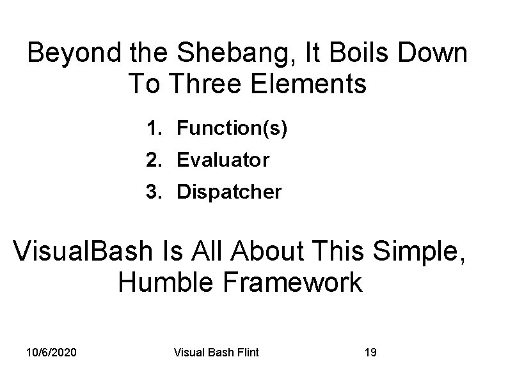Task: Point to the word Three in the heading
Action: click(x=209, y=84)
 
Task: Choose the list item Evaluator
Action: click(x=223, y=160)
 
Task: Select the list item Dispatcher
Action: click(x=228, y=192)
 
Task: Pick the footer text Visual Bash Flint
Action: click(x=216, y=352)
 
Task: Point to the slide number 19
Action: click(x=370, y=352)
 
